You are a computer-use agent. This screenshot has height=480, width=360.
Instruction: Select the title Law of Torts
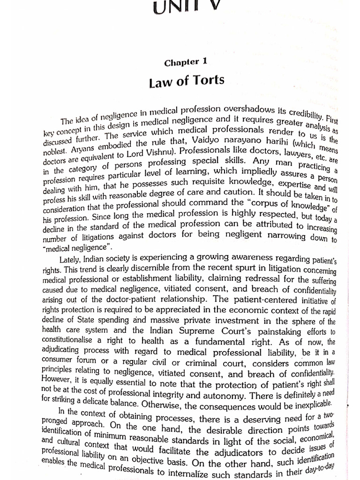click(187, 82)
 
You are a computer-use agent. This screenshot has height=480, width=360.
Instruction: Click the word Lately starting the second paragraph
click(71, 259)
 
